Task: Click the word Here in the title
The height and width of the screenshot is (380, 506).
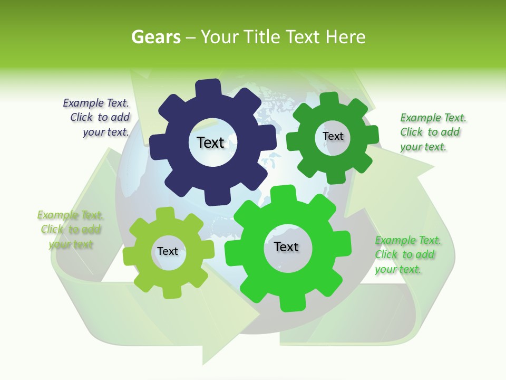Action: pyautogui.click(x=346, y=37)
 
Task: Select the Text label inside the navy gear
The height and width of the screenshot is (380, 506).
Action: pyautogui.click(x=210, y=142)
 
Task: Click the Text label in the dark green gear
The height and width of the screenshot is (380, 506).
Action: pyautogui.click(x=333, y=136)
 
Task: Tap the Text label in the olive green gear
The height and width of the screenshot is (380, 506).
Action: pyautogui.click(x=168, y=251)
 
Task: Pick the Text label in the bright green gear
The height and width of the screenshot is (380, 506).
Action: pyautogui.click(x=286, y=246)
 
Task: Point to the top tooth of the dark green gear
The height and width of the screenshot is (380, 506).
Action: pyautogui.click(x=329, y=99)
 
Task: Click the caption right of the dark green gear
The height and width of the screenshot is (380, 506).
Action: pyautogui.click(x=432, y=132)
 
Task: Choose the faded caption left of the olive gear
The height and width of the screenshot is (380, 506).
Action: pyautogui.click(x=70, y=230)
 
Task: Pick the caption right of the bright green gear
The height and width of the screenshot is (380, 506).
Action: pyautogui.click(x=407, y=254)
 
